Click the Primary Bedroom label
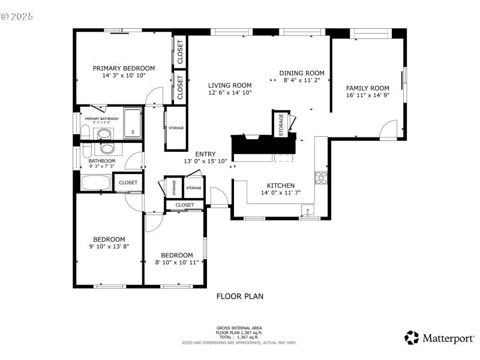(124, 68)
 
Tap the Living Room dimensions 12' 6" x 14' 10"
(230, 93)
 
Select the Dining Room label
(302, 73)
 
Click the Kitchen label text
(280, 185)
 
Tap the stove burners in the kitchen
(321, 178)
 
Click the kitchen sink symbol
(308, 211)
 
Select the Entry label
(205, 154)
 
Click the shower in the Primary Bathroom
(133, 123)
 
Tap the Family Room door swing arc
(389, 127)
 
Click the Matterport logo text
(448, 338)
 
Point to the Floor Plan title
(239, 296)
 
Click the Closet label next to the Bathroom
(128, 182)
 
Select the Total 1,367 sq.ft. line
(239, 337)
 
